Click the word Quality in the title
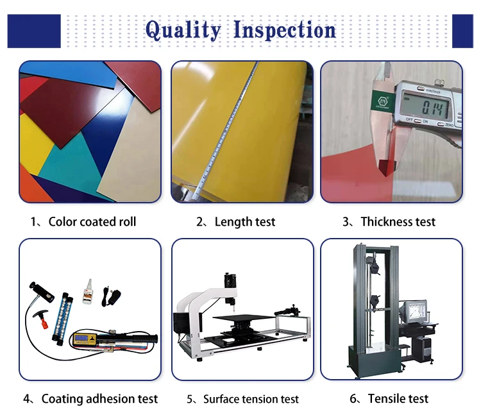click(183, 31)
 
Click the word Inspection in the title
click(285, 31)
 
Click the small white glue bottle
click(88, 292)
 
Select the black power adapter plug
click(111, 296)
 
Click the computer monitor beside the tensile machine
click(416, 312)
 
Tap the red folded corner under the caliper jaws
click(387, 167)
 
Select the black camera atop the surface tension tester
click(230, 280)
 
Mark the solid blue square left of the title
click(34, 31)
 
